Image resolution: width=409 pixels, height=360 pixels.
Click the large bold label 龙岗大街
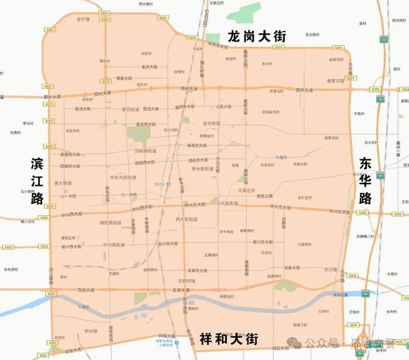tap(257, 37)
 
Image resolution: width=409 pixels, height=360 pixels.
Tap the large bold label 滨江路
tap(37, 181)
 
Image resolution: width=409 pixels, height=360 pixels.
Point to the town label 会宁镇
tap(83, 19)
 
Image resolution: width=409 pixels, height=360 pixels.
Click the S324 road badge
tap(375, 89)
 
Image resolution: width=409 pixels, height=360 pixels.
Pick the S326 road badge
tap(352, 276)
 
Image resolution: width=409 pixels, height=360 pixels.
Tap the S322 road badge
tap(44, 218)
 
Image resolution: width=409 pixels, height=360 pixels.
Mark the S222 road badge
tap(43, 355)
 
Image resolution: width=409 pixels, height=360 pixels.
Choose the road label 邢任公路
tap(265, 196)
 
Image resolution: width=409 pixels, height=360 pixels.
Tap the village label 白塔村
tap(179, 72)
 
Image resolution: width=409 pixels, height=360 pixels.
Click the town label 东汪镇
tap(331, 269)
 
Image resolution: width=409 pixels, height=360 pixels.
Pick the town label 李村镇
tap(91, 331)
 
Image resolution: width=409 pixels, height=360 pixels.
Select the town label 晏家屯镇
tap(335, 81)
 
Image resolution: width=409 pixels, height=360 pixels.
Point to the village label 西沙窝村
tap(146, 4)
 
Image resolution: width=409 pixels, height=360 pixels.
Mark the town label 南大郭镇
tap(63, 183)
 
